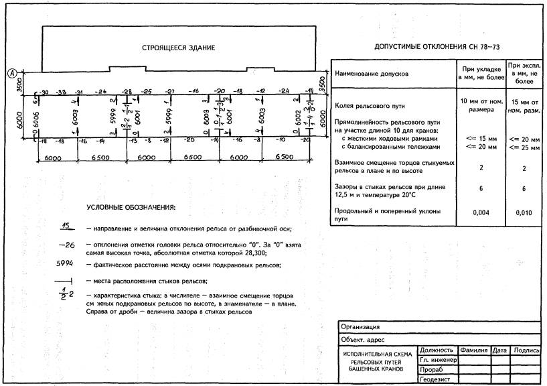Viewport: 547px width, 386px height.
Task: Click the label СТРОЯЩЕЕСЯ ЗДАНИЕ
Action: coord(178,48)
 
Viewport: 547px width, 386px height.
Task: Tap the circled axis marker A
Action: coord(11,74)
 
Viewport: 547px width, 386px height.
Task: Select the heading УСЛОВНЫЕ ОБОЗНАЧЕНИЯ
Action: coord(131,207)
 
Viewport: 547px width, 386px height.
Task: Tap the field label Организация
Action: coord(361,327)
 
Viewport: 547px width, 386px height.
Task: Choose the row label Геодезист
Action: coord(435,379)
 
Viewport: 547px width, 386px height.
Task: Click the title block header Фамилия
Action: coord(473,350)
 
